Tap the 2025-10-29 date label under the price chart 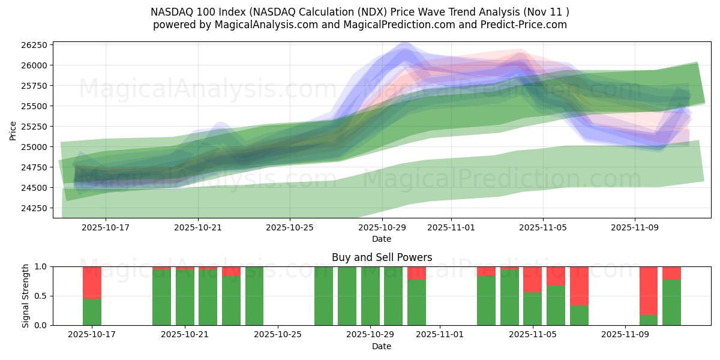pos(382,228)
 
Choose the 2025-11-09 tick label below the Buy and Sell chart pos(625,335)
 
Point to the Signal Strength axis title pos(26,296)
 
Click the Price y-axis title pos(13,130)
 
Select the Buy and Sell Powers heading pos(382,257)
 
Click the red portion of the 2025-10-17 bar pos(92,282)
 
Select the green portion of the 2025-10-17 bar pos(92,311)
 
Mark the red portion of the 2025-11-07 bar pos(579,286)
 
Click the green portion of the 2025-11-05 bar pos(532,308)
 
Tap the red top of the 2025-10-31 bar pos(416,273)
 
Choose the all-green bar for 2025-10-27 pos(323,296)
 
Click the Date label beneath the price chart pos(382,239)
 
